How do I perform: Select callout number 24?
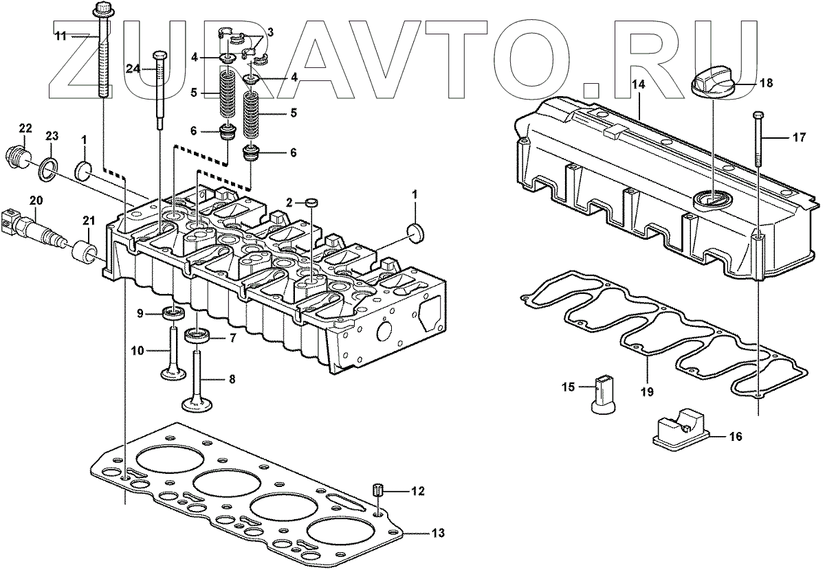(x=133, y=67)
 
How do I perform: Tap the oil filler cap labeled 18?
(x=714, y=86)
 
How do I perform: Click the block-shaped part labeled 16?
(x=681, y=430)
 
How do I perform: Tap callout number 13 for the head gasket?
(x=439, y=533)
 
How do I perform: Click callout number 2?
(x=289, y=202)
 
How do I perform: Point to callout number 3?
(x=270, y=32)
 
